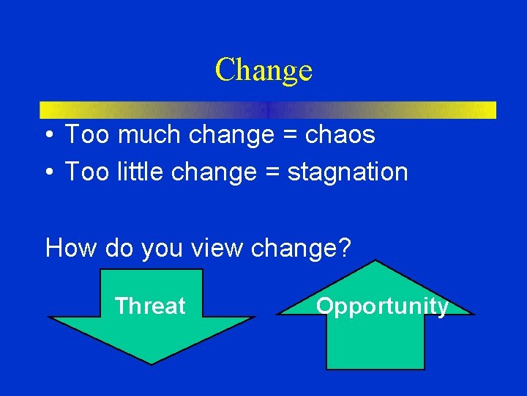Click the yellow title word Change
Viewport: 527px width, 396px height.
(x=263, y=70)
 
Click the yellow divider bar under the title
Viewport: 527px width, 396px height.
(x=267, y=110)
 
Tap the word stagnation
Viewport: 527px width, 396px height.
(x=348, y=172)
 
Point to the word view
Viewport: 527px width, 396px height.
(x=217, y=248)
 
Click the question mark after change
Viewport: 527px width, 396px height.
(x=343, y=248)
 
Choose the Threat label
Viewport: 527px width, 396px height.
(x=150, y=306)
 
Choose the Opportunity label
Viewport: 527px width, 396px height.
(x=381, y=306)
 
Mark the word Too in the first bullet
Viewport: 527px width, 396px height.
(x=84, y=135)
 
